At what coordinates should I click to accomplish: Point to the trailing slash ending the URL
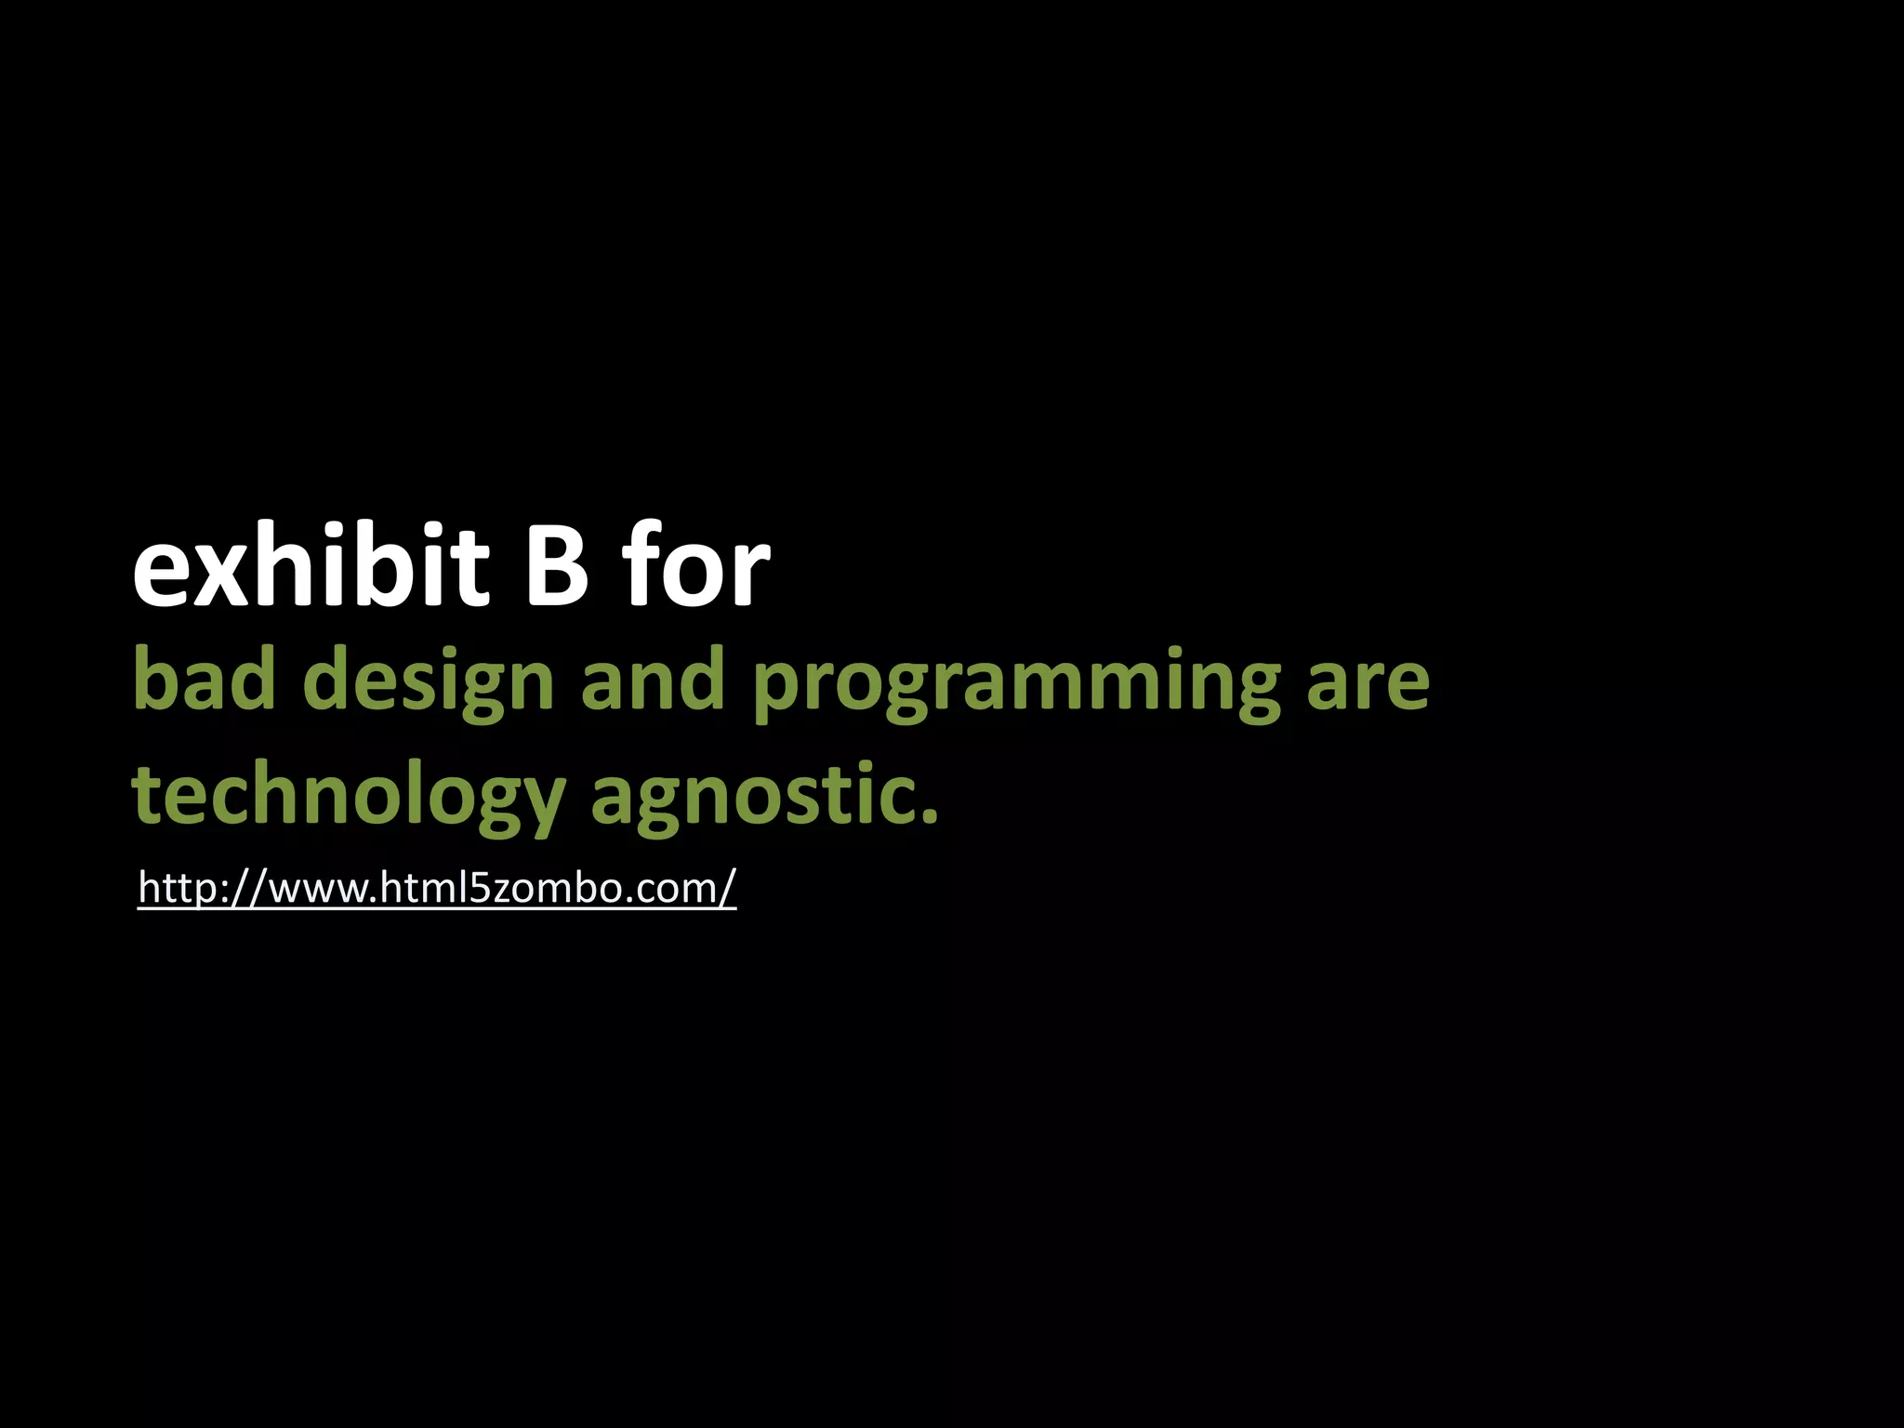[727, 888]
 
